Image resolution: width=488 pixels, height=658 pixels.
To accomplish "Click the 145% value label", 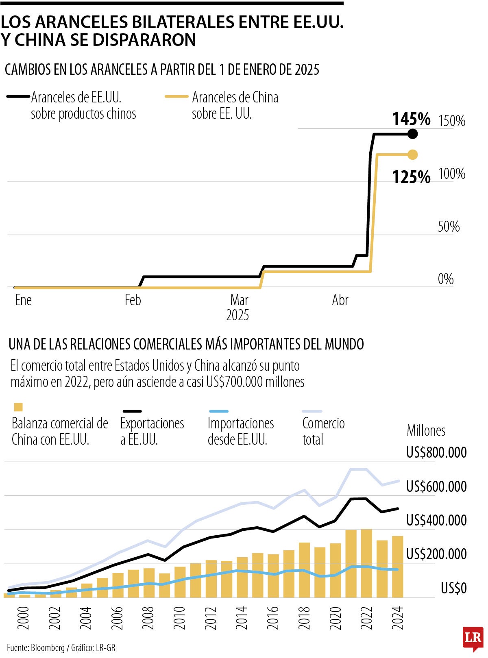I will (411, 119).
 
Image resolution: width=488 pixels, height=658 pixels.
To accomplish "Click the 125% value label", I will (411, 177).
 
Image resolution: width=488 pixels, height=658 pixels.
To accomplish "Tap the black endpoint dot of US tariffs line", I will (412, 134).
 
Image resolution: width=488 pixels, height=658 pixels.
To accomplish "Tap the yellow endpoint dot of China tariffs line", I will (412, 155).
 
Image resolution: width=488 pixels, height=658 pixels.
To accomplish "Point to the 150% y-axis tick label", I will (452, 121).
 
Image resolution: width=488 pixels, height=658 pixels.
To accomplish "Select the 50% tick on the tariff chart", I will (449, 226).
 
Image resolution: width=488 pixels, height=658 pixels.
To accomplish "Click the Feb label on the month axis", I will (133, 300).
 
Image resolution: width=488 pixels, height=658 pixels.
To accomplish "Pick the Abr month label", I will (340, 300).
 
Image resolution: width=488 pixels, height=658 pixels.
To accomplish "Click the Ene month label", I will (23, 300).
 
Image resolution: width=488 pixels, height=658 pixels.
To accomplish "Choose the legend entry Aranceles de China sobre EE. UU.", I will (235, 105).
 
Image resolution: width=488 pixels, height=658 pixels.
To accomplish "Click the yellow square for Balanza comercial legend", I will (18, 407).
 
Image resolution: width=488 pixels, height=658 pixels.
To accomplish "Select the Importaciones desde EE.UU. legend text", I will (240, 431).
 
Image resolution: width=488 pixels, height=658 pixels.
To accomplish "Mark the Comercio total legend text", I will (323, 431).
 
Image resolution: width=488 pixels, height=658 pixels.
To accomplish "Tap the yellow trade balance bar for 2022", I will (366, 563).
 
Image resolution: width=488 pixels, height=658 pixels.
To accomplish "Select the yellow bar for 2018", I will (304, 570).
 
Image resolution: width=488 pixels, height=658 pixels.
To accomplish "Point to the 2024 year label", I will (397, 618).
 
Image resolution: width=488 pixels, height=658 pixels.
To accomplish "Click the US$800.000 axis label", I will (436, 453).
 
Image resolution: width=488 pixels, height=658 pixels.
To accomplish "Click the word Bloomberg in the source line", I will (48, 648).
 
